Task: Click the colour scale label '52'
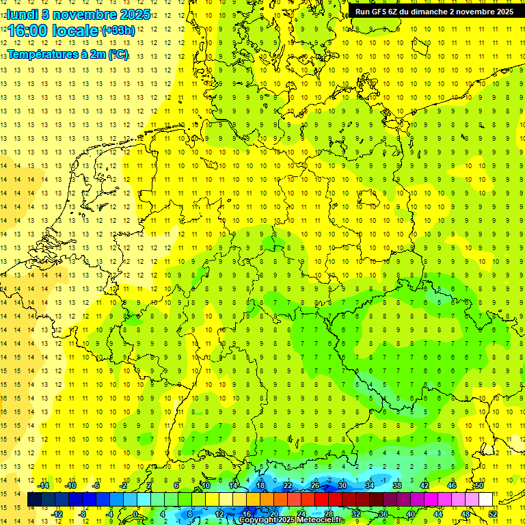tap(493, 514)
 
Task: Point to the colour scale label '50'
tap(479, 485)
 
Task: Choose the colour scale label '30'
tap(342, 485)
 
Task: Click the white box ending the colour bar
tap(485, 500)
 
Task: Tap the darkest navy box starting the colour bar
tap(34, 500)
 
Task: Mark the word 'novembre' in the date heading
tap(83, 14)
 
